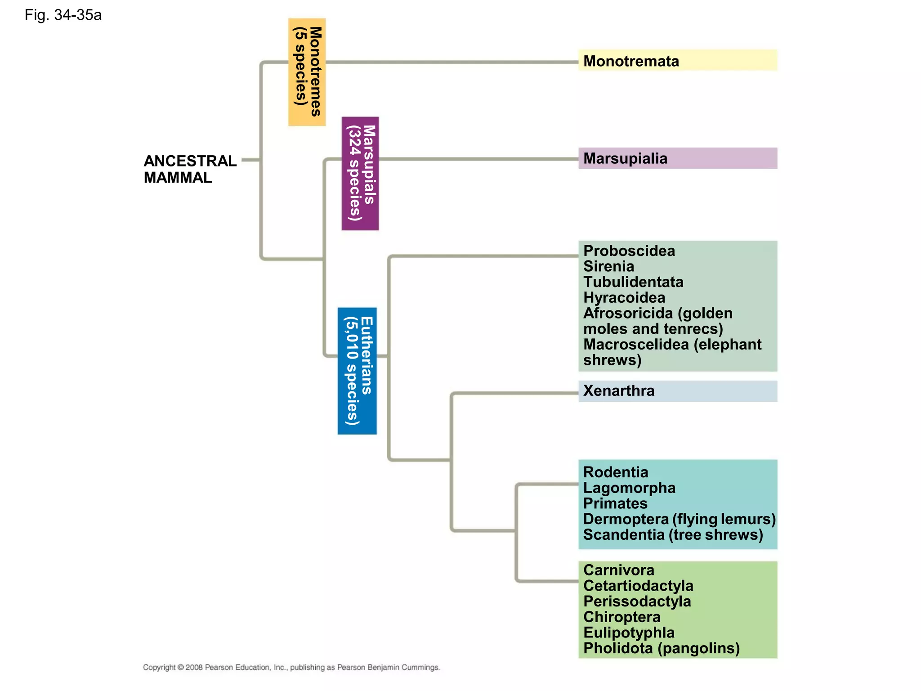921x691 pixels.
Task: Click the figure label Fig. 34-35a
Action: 63,15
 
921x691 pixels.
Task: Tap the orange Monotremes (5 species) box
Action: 307,72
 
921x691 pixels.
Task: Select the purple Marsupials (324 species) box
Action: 360,174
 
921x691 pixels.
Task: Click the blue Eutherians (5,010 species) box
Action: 357,371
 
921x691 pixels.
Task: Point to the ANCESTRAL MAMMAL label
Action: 189,169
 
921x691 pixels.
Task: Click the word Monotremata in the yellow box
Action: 631,61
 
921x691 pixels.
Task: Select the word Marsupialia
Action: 625,159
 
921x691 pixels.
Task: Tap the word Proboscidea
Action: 629,251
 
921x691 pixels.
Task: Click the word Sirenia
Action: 608,267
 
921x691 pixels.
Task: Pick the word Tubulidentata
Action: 633,282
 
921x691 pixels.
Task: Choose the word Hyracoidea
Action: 624,298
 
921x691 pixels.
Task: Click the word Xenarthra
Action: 619,391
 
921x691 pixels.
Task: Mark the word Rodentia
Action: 616,472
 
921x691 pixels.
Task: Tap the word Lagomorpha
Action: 629,488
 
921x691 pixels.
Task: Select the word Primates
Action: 615,503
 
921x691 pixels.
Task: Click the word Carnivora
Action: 619,570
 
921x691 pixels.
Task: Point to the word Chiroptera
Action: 621,617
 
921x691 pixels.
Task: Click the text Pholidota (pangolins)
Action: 661,648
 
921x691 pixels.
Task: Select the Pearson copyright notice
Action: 291,668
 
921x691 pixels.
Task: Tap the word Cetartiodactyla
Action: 638,586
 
